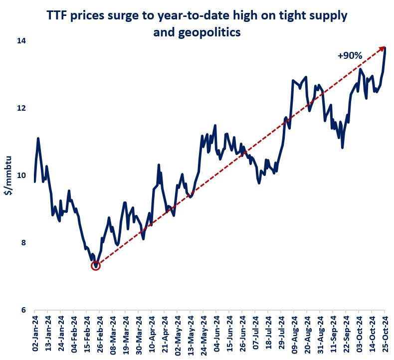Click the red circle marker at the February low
96,266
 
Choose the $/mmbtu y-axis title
9,176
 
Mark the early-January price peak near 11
38,139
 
